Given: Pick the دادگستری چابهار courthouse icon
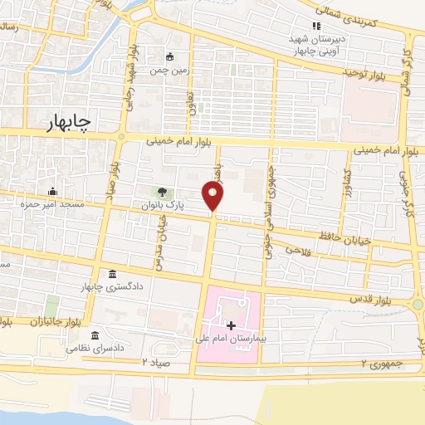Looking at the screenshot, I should click(x=112, y=275).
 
